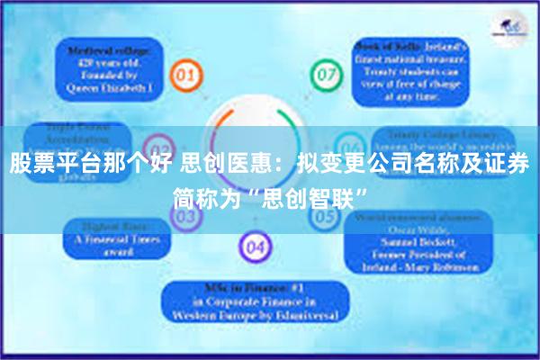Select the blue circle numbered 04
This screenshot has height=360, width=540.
point(256,246)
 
